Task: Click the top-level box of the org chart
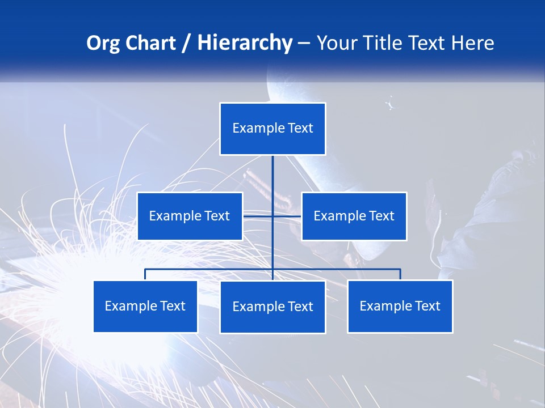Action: [272, 129]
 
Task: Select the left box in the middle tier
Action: [190, 216]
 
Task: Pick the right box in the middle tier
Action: [354, 216]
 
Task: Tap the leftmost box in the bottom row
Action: [145, 306]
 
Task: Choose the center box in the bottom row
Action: [272, 307]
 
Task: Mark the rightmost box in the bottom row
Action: [400, 306]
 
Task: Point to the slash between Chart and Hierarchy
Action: [186, 44]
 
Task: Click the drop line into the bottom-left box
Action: [145, 274]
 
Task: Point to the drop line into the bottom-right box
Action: [400, 274]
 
